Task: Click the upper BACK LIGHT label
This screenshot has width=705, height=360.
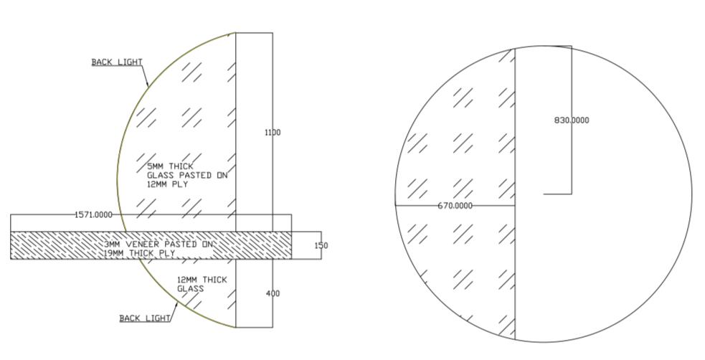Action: (x=117, y=62)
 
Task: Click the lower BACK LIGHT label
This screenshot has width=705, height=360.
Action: (x=145, y=318)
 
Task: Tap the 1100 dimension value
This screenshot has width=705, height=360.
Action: (x=273, y=132)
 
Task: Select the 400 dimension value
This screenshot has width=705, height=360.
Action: (x=273, y=293)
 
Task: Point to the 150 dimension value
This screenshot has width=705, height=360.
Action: (x=321, y=245)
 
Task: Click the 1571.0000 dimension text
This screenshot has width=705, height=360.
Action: (x=93, y=215)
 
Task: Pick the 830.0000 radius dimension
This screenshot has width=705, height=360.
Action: (x=572, y=120)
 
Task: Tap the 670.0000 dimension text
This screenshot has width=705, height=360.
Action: (x=455, y=205)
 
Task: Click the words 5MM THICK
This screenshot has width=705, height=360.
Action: (x=170, y=166)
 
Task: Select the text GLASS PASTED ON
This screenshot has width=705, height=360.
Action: (x=187, y=175)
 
